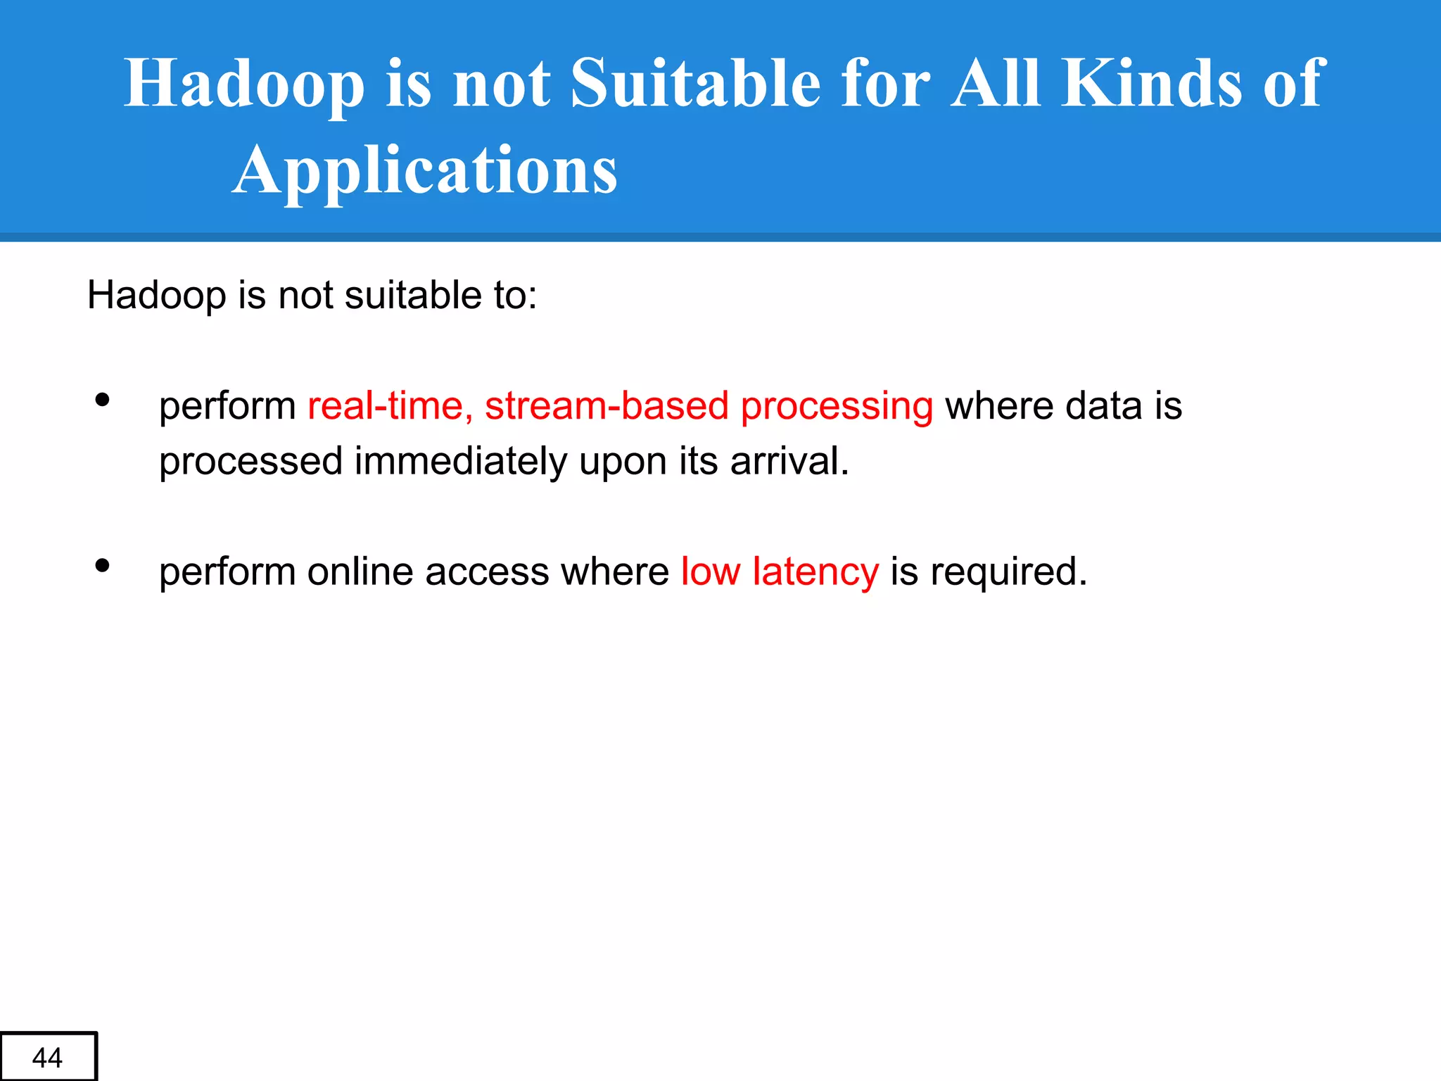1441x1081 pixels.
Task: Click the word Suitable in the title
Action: pyautogui.click(x=695, y=84)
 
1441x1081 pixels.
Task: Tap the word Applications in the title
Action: pyautogui.click(x=425, y=171)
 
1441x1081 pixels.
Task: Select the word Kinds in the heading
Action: pyautogui.click(x=1151, y=84)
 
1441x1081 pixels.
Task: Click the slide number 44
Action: pyautogui.click(x=47, y=1058)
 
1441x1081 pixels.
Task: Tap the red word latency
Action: pyautogui.click(x=815, y=571)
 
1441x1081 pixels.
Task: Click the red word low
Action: pyautogui.click(x=710, y=571)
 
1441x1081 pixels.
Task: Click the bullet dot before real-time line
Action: pyautogui.click(x=103, y=400)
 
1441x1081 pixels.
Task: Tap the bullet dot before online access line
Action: pyautogui.click(x=103, y=566)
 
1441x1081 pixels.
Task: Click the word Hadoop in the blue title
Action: pyautogui.click(x=244, y=85)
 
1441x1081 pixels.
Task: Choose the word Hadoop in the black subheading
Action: pyautogui.click(x=156, y=296)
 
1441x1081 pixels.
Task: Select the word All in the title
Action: pyautogui.click(x=995, y=84)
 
